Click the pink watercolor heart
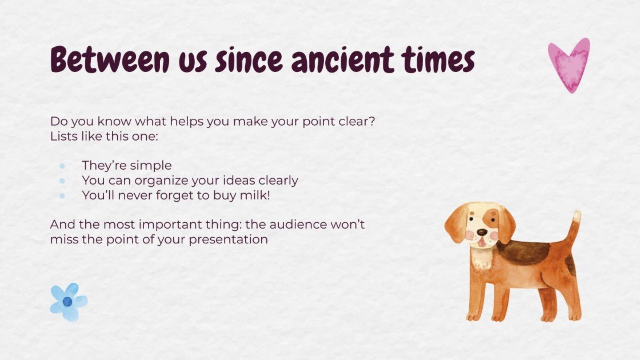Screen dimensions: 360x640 [568, 64]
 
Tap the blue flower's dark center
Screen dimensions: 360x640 [67, 302]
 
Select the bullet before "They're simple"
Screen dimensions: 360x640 [62, 166]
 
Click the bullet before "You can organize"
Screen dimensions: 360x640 [62, 181]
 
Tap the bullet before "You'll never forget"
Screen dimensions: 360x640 [62, 195]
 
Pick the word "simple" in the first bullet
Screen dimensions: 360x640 [151, 166]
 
